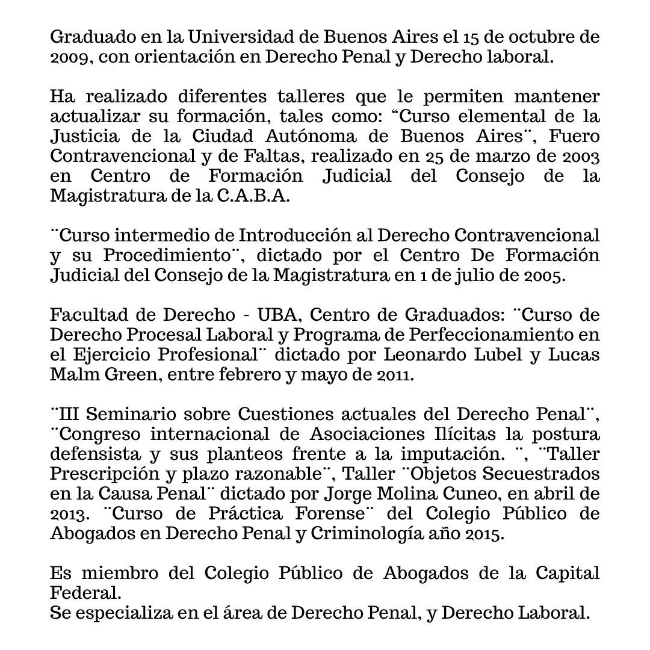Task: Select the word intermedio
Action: pos(143,235)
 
